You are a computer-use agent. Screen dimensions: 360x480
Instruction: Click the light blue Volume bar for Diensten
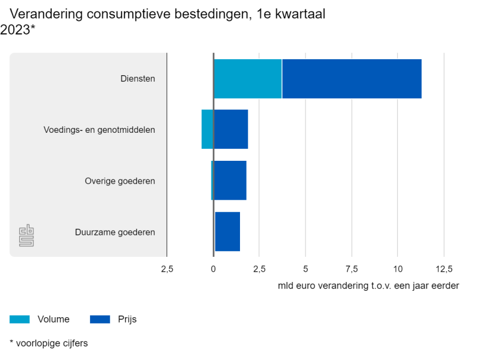[x=248, y=78]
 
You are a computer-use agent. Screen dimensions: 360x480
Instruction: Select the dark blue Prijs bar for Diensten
[x=351, y=78]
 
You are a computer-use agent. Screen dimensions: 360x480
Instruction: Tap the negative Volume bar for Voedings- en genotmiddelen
[x=207, y=130]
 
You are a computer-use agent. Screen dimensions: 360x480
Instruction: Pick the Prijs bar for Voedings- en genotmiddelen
[x=231, y=130]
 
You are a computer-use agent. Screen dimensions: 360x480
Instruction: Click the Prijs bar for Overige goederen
[x=230, y=181]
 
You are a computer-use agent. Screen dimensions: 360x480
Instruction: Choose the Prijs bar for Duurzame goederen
[x=227, y=232]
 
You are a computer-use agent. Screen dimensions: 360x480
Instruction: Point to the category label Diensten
[x=138, y=78]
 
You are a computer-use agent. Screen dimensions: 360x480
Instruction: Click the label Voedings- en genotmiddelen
[x=99, y=130]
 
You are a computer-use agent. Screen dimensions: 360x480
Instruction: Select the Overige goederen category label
[x=120, y=181]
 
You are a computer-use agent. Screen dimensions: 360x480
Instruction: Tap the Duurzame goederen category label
[x=115, y=232]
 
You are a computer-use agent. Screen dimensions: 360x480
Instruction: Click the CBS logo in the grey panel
[x=26, y=235]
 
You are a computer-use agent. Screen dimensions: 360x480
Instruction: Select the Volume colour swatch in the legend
[x=20, y=319]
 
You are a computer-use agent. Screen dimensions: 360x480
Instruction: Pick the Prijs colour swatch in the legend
[x=100, y=319]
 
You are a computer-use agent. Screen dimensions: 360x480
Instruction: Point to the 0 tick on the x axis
[x=214, y=269]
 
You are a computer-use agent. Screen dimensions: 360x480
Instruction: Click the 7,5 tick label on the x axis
[x=351, y=269]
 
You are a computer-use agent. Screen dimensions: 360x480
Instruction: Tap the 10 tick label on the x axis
[x=398, y=269]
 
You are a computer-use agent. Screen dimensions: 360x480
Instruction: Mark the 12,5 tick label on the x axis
[x=444, y=269]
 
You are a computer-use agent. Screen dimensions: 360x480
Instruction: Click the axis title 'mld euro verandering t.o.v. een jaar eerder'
[x=368, y=285]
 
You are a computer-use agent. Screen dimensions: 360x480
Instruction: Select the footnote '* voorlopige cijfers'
[x=49, y=343]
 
